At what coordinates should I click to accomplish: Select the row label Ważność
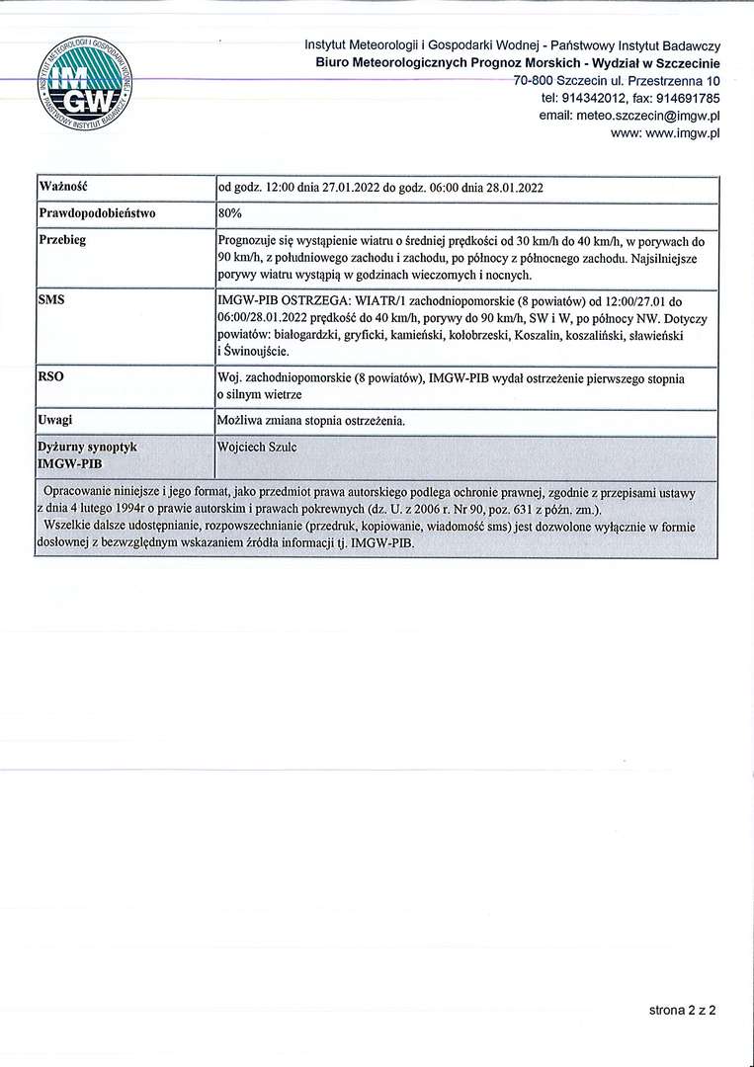61,187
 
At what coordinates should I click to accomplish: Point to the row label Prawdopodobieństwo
97,212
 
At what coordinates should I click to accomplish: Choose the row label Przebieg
62,240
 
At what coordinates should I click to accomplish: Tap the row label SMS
51,298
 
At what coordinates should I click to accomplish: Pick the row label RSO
51,376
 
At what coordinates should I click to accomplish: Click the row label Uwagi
55,420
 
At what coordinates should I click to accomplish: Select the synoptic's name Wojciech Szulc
257,448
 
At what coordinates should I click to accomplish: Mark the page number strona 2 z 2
682,1010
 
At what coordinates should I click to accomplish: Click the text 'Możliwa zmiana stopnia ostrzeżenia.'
310,421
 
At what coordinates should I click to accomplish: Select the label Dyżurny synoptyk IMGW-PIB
87,454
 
